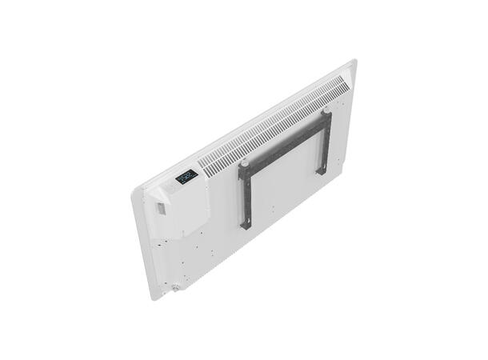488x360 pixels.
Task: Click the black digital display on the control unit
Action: coord(185,176)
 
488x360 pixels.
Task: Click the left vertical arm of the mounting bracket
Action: coord(244,196)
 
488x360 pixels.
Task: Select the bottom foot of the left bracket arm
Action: coord(246,226)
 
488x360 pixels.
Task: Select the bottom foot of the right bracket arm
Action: coord(322,170)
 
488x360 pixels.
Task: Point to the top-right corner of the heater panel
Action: coord(353,62)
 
